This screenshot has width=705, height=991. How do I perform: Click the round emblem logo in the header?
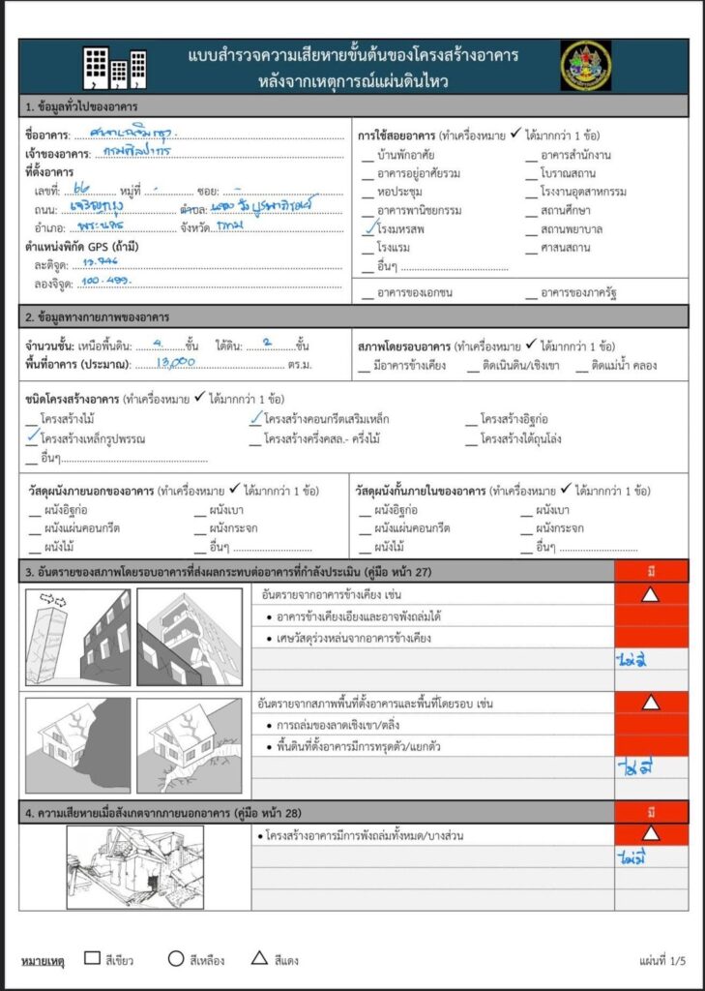[x=585, y=66]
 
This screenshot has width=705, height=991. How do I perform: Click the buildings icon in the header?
[x=114, y=67]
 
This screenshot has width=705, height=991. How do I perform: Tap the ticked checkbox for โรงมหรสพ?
[x=367, y=229]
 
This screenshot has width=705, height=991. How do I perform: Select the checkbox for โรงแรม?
[x=368, y=248]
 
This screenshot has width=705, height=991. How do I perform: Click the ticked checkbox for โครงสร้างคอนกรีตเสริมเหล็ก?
[x=255, y=419]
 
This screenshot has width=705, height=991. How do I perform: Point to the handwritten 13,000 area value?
[x=178, y=362]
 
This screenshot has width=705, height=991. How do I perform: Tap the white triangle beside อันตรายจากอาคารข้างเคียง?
[x=651, y=594]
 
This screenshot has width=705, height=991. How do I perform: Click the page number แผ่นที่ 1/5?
[x=661, y=961]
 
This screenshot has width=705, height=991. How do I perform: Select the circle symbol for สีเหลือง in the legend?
[x=175, y=959]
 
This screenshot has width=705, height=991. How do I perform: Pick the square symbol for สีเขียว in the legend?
[x=92, y=959]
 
